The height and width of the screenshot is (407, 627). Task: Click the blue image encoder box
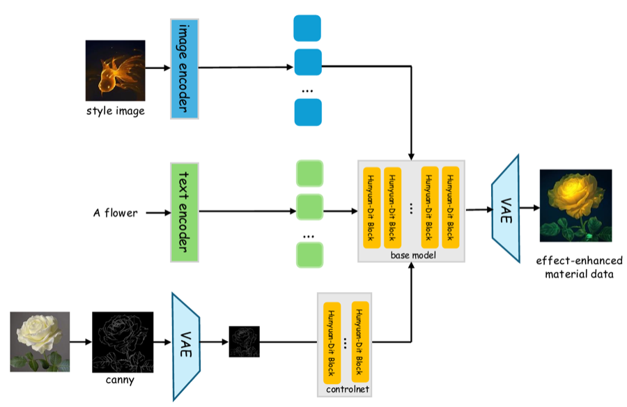coord(185,69)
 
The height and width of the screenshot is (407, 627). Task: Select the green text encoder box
coord(185,212)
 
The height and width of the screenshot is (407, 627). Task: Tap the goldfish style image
coord(115,70)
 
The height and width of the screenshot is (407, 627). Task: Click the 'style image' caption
coord(116,111)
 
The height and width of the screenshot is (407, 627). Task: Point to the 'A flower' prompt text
coord(115,213)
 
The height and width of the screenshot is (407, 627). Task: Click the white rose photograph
coord(40,341)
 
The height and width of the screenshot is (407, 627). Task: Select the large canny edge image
coord(123,342)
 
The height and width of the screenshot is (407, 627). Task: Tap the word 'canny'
coord(120,380)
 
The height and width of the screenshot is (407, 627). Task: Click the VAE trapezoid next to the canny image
coord(186,346)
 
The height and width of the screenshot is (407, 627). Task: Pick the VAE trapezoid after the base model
coord(506,208)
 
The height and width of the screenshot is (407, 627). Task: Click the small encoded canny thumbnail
coord(244,341)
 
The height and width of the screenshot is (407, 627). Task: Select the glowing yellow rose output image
coord(576,206)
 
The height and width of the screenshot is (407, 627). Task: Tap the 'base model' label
coord(413,255)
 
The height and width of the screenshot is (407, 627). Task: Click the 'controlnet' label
coord(348,389)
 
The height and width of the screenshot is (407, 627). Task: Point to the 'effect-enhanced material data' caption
coord(579,268)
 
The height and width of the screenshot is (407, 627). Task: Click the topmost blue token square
coord(307,29)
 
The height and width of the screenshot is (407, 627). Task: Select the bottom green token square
coord(309,254)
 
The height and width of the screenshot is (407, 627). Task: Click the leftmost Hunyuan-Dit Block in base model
coord(371,207)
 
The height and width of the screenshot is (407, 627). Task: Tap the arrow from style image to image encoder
coord(158,68)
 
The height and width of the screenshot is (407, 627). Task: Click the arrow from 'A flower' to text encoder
coord(158,213)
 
